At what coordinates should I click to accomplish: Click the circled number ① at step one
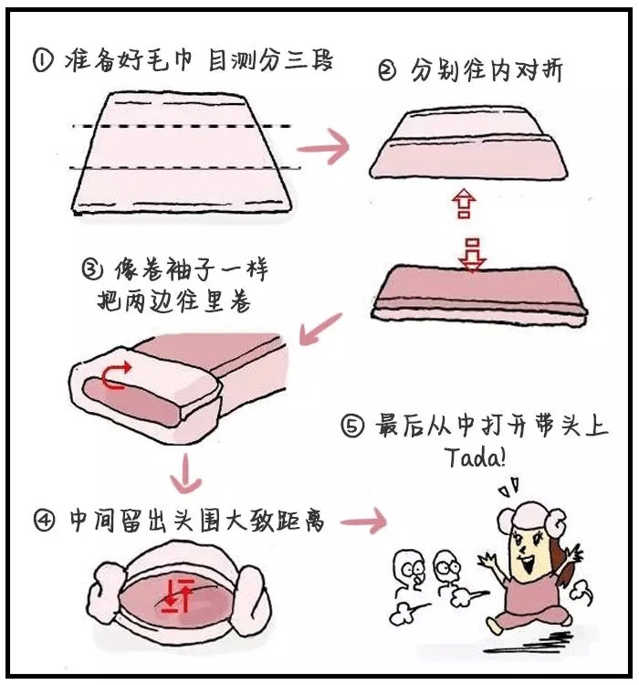pos(43,61)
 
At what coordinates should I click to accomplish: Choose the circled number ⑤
pos(352,427)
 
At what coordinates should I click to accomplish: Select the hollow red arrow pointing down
pos(472,254)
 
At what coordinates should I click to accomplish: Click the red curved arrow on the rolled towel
pos(114,375)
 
